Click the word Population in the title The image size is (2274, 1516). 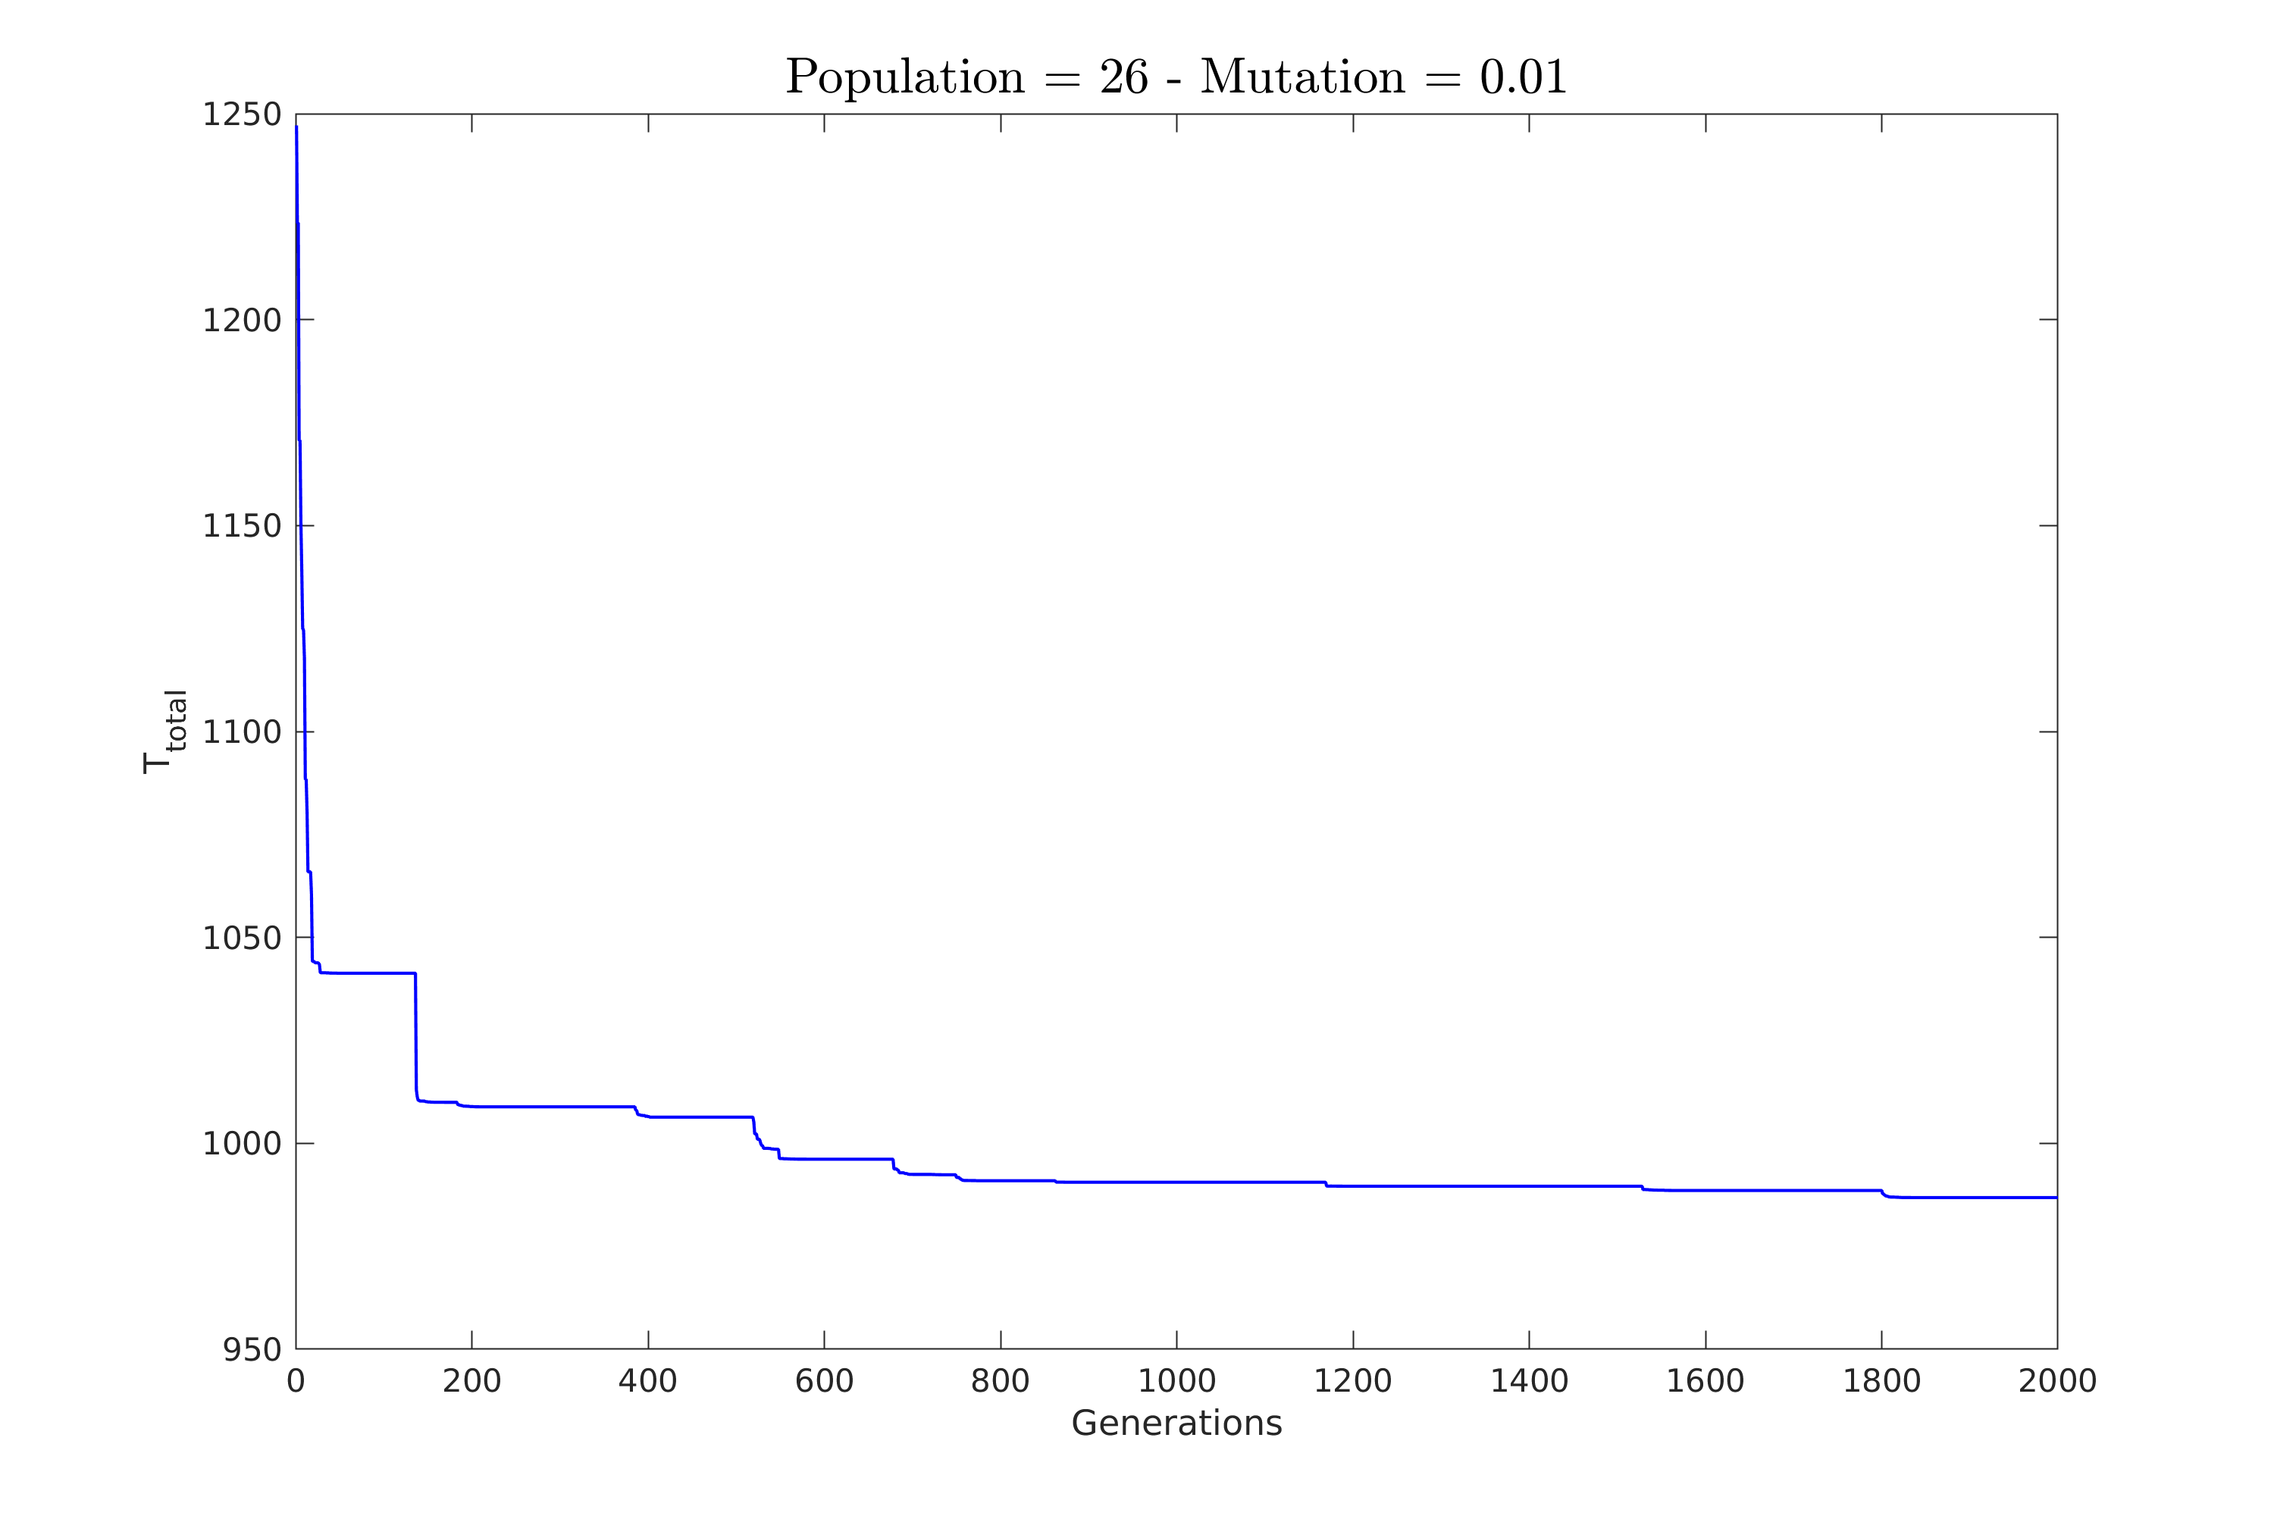[x=904, y=78]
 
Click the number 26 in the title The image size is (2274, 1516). [x=1123, y=77]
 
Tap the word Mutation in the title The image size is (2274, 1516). [x=1302, y=77]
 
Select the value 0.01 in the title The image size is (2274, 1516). [x=1523, y=77]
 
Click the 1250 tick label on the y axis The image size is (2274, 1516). [x=242, y=115]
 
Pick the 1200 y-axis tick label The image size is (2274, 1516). [x=242, y=320]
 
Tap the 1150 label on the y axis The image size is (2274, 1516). [x=242, y=526]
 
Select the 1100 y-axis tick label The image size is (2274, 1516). [x=242, y=732]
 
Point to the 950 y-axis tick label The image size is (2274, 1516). [x=252, y=1351]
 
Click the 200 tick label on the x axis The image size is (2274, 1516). [x=471, y=1382]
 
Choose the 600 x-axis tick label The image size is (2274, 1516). [x=824, y=1382]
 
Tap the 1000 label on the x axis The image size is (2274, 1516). [x=1176, y=1382]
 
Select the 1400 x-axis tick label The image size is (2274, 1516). [x=1529, y=1382]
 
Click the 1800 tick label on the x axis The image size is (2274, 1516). [x=1881, y=1382]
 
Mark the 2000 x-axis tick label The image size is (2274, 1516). [x=2057, y=1382]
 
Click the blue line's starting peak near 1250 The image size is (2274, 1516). [x=297, y=127]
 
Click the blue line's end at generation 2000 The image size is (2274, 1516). [x=2056, y=1198]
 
